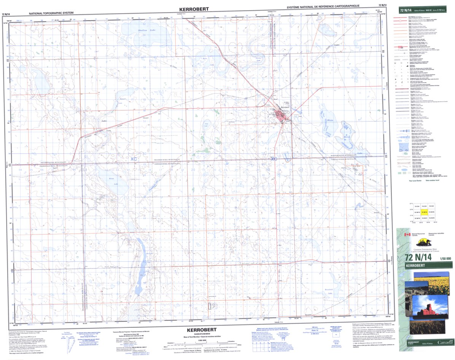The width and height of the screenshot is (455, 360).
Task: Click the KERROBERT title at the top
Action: click(195, 8)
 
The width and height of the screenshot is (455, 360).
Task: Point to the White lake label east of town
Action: click(330, 120)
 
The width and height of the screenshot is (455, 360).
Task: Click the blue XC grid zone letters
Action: click(133, 159)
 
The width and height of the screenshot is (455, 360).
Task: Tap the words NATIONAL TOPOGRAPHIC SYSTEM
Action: click(51, 13)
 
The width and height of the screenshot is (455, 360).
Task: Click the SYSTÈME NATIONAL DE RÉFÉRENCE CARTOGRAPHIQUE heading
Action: click(323, 6)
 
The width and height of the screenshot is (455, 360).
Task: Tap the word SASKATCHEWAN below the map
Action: click(201, 333)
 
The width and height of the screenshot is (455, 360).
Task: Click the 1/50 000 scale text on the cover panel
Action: click(445, 259)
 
